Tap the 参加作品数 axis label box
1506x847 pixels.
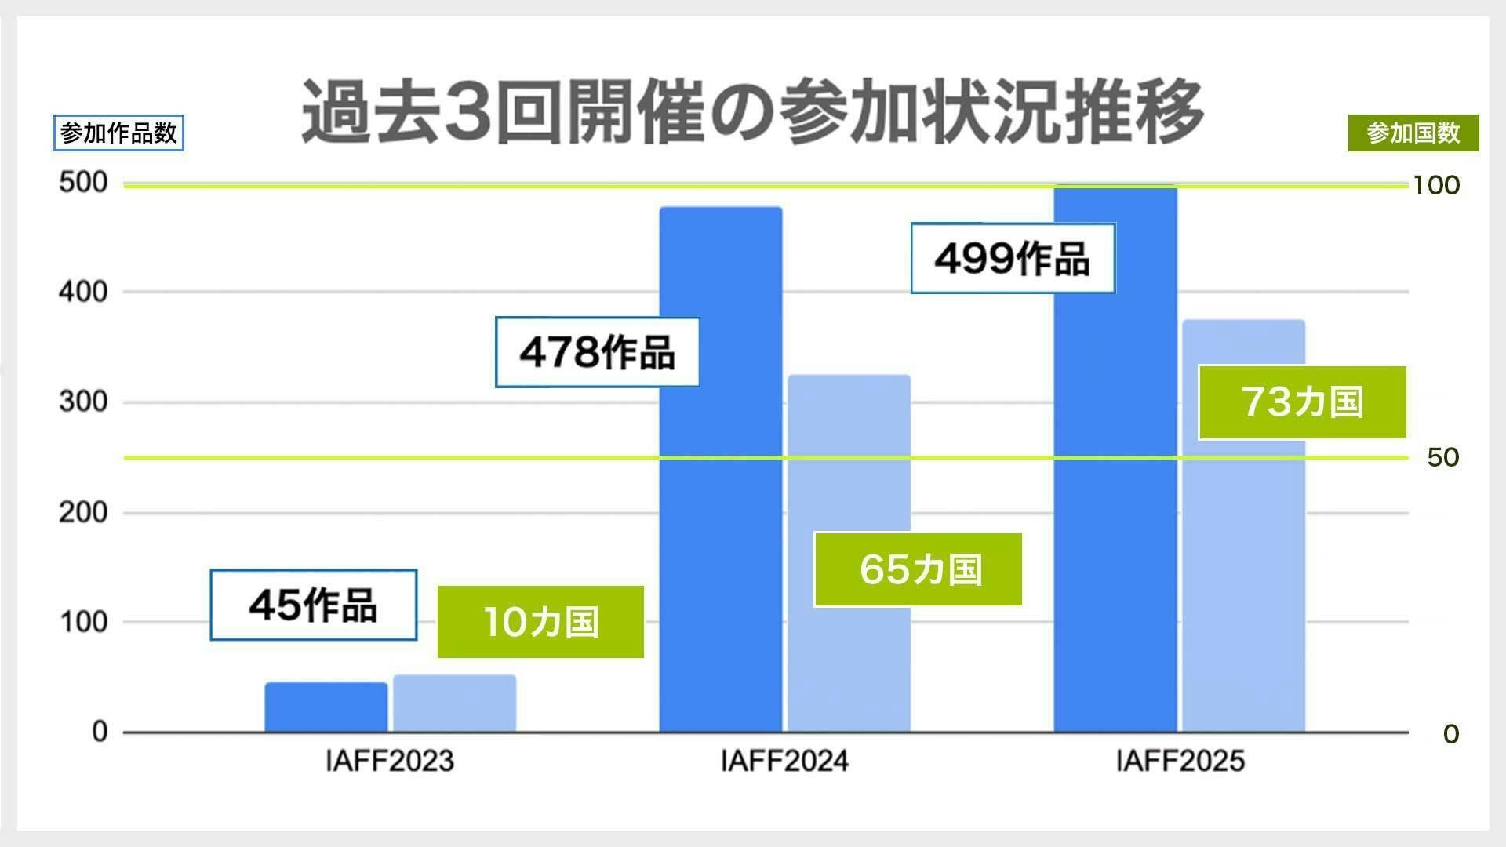118,133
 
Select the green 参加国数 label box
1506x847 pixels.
1413,133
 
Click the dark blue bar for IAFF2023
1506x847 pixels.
326,707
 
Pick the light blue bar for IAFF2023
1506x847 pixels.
454,703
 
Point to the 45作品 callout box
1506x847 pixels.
313,605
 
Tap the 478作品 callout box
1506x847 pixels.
597,352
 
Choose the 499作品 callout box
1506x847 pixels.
1012,258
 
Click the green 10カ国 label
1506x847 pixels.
540,622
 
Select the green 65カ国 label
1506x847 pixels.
918,569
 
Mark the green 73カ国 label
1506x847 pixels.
1302,402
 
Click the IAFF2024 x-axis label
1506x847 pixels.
784,761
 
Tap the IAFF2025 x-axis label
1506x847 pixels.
1180,761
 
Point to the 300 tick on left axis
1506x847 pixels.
83,402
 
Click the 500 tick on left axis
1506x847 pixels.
83,182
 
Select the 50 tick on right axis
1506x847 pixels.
1442,457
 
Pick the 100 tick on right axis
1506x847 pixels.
1435,185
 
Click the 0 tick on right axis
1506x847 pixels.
1451,734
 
